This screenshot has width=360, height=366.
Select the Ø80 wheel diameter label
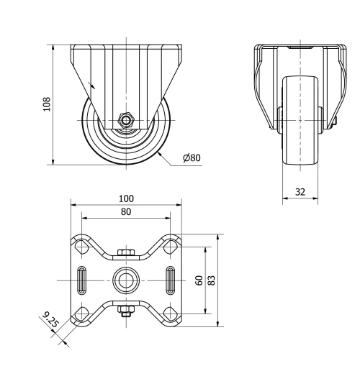point(192,157)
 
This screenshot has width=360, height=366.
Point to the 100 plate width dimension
point(126,198)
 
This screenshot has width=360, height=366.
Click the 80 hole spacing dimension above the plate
point(126,211)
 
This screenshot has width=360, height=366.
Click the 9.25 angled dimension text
point(51,320)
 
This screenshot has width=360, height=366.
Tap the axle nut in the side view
point(126,120)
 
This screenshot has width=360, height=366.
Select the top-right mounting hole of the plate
point(171,247)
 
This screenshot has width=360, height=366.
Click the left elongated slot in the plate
point(82,279)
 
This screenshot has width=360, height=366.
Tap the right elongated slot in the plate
point(171,279)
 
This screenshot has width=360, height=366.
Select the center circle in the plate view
point(126,279)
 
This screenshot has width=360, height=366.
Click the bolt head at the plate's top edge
point(126,252)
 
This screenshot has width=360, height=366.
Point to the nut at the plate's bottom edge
point(126,310)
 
